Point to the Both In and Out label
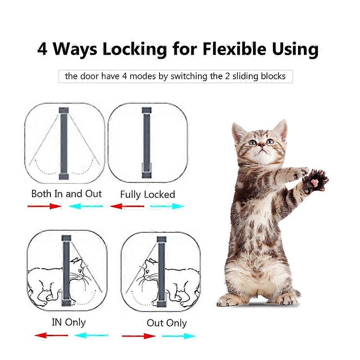[67, 194]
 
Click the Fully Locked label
[147, 195]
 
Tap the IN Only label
[69, 322]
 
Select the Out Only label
[167, 323]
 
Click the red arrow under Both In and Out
[45, 206]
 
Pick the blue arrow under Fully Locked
[167, 206]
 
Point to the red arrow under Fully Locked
[127, 206]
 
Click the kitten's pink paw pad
[315, 182]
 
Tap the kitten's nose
[262, 145]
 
